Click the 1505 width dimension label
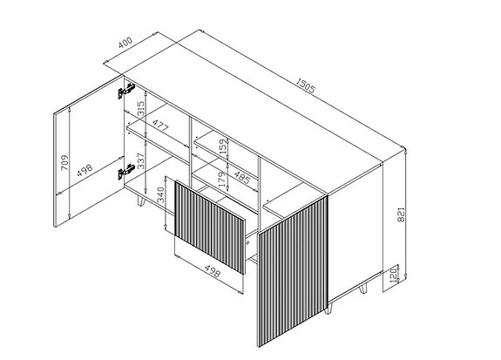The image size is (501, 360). click(305, 85)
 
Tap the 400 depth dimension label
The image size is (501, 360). click(125, 43)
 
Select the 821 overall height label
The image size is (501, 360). click(401, 214)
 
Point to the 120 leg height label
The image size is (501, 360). click(393, 274)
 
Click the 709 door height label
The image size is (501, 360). click(64, 163)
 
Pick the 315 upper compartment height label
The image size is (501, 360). click(140, 109)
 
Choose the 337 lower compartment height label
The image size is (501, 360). click(140, 160)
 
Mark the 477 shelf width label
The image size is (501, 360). click(159, 126)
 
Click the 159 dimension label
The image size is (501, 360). click(223, 146)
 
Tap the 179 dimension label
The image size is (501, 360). click(222, 179)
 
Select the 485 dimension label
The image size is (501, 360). click(242, 178)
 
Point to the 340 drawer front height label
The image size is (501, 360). click(160, 194)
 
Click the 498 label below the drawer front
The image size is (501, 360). click(212, 270)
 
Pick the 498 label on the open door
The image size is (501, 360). click(85, 170)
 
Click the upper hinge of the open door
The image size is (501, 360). click(126, 90)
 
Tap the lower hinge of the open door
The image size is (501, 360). click(126, 171)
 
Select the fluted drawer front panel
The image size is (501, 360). click(210, 227)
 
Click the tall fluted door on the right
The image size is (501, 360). click(293, 271)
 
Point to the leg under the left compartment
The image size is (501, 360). click(141, 201)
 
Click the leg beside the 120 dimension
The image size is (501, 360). click(363, 289)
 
